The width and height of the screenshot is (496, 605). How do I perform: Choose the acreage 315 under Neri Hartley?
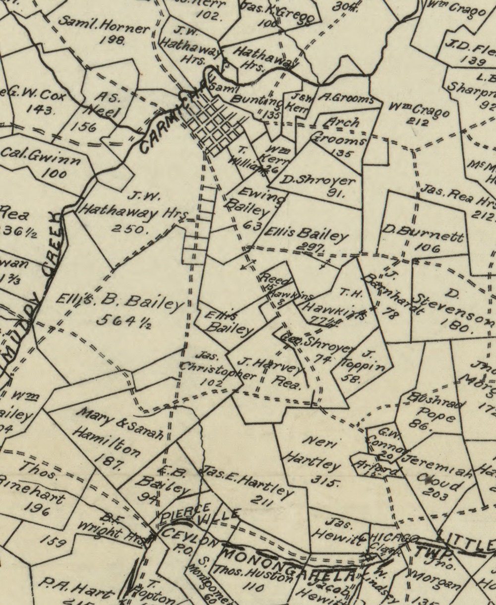click(325, 480)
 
